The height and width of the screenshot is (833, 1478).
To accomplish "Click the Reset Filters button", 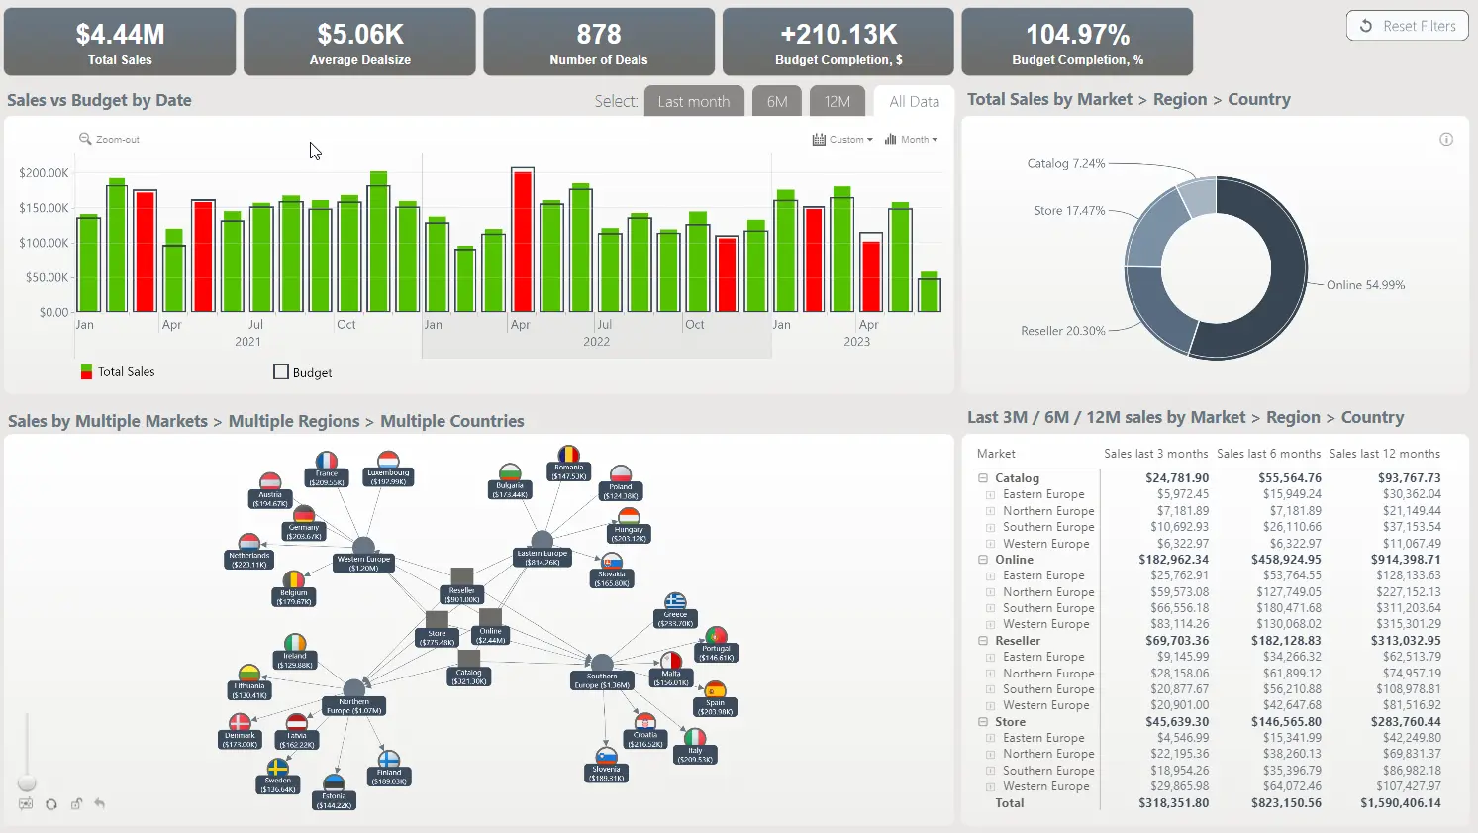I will [x=1408, y=26].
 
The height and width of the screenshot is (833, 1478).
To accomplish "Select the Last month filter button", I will [x=694, y=101].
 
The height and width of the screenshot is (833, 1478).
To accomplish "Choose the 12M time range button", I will [x=837, y=101].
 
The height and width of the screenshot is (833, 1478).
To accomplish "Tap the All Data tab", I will [x=914, y=101].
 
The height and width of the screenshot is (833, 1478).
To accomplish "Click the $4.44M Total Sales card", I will [x=120, y=42].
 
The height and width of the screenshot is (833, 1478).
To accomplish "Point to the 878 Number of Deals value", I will [x=599, y=35].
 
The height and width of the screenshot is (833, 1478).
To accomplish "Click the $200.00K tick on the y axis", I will [x=44, y=173].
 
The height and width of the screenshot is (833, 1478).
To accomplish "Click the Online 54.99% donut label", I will [x=1365, y=285].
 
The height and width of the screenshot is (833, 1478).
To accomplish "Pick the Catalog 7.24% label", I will [x=1065, y=163].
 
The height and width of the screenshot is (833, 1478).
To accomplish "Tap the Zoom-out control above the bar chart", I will [x=110, y=140].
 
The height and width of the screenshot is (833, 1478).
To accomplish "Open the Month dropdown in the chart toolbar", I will [x=912, y=140].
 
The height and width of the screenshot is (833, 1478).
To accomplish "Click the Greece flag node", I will [x=675, y=602].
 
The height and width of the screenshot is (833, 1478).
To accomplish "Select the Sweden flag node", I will [x=278, y=769].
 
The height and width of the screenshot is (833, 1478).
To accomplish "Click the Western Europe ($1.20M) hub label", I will [x=363, y=564].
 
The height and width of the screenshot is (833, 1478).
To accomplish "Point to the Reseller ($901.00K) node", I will [x=461, y=591].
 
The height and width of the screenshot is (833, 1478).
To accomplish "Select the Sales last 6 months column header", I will [x=1268, y=454].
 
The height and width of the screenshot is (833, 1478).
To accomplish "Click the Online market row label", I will [x=1014, y=560].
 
